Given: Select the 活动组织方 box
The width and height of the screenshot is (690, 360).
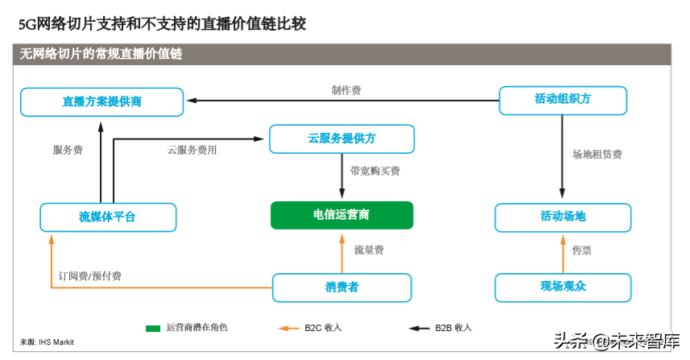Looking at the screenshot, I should click(x=562, y=100).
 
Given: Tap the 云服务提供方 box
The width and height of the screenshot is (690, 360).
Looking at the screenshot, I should click(x=341, y=139).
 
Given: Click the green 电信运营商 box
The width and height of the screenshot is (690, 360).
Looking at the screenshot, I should click(x=341, y=215).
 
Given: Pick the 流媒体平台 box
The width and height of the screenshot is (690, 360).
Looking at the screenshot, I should click(x=107, y=217).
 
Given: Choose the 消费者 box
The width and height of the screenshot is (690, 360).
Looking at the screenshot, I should click(x=341, y=288).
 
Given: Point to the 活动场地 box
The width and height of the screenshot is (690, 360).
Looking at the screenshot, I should click(x=563, y=217).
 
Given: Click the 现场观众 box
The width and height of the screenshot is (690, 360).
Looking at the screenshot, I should click(x=563, y=287).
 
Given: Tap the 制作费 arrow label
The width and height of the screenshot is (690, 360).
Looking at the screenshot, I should click(x=345, y=90).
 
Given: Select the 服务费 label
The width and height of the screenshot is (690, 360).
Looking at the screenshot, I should click(x=68, y=150).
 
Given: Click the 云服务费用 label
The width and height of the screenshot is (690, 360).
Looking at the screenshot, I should click(x=192, y=150).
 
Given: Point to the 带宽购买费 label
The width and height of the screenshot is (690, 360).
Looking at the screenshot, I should click(x=374, y=171).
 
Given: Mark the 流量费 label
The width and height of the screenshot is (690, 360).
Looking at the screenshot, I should click(x=369, y=250).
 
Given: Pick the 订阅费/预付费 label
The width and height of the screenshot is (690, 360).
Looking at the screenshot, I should click(x=90, y=276).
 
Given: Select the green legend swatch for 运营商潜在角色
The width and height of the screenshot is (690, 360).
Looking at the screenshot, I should click(x=153, y=329).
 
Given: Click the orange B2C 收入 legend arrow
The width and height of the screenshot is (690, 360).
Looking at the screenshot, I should click(x=288, y=329).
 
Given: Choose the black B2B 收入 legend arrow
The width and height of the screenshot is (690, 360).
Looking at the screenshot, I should click(x=419, y=329).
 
